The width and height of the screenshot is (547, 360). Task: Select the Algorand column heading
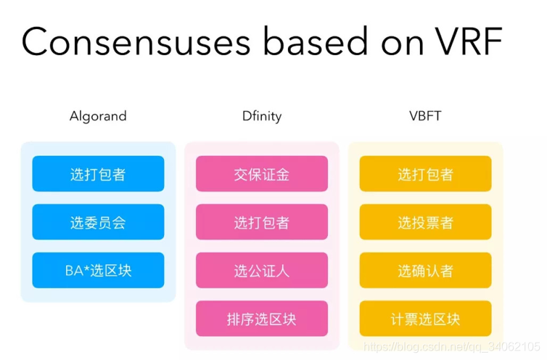[x=98, y=116]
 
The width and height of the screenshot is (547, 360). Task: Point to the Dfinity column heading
[x=261, y=116]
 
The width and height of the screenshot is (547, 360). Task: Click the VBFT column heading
[x=425, y=116]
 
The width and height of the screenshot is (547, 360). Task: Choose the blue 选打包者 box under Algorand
[x=98, y=174]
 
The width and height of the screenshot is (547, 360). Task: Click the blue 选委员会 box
[x=98, y=222]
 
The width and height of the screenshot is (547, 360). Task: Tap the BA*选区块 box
[x=98, y=271]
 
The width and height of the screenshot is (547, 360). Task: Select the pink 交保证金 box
[x=261, y=174]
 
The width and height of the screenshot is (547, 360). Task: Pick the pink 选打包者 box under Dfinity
[x=261, y=222]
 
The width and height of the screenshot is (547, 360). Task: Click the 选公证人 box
[x=261, y=271]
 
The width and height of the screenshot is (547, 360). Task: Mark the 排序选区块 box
[x=261, y=319]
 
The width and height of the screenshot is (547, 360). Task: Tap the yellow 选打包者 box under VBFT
[x=425, y=174]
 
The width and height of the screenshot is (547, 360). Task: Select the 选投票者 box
[x=425, y=222]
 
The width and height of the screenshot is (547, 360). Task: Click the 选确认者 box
[x=425, y=271]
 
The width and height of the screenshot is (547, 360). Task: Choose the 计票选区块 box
[x=425, y=319]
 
